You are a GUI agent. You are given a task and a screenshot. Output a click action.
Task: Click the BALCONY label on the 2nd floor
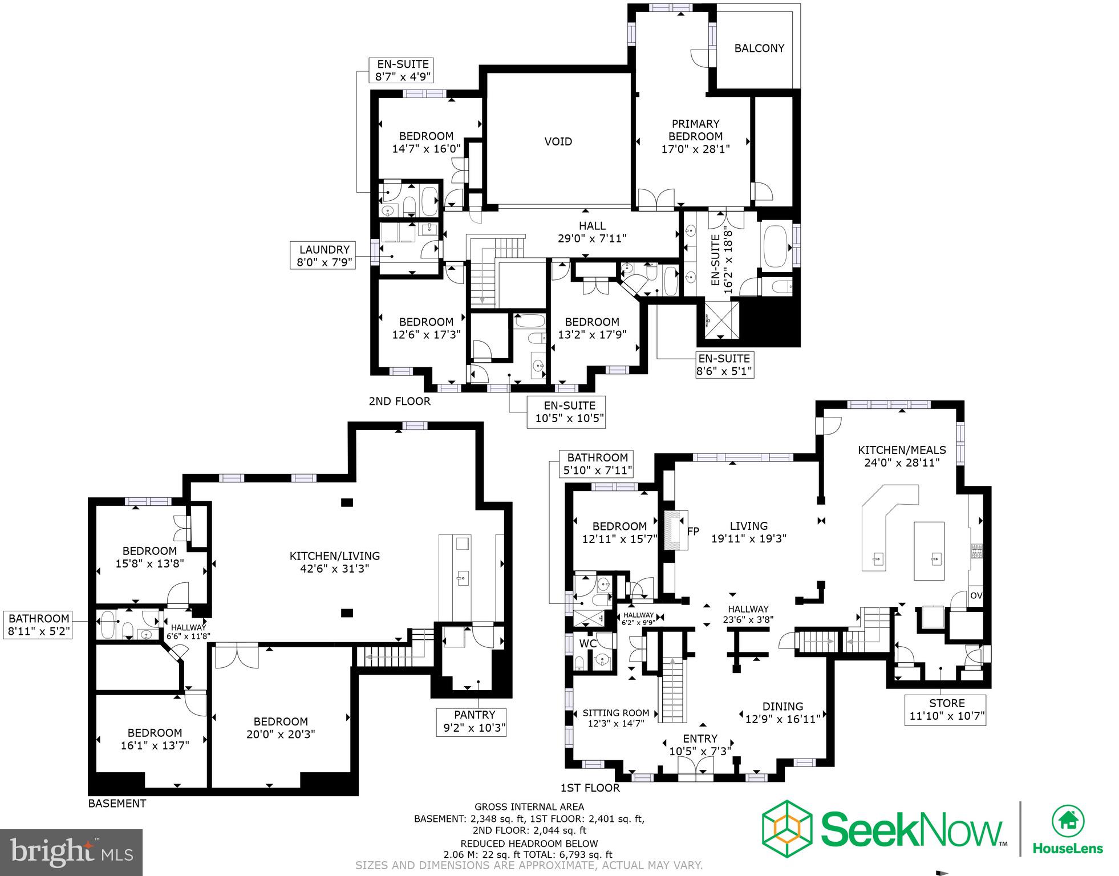click(x=759, y=48)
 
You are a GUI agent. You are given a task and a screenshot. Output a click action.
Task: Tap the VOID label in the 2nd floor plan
click(x=558, y=141)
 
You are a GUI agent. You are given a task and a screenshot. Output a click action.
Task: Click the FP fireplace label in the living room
click(x=693, y=532)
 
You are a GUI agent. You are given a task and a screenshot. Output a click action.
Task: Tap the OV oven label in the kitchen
click(x=976, y=596)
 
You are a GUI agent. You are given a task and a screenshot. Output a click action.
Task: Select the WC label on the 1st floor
click(x=587, y=644)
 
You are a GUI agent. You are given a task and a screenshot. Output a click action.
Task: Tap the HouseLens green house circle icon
click(x=1068, y=821)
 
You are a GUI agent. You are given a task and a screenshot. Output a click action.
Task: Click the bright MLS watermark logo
click(x=71, y=851)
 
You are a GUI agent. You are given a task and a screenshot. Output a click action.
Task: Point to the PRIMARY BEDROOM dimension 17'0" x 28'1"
click(x=695, y=149)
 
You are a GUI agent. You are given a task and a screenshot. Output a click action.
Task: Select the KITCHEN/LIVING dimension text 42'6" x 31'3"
click(x=335, y=569)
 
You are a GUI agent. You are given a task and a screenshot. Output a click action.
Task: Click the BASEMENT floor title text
click(x=117, y=804)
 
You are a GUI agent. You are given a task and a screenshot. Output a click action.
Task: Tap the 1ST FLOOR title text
click(x=590, y=788)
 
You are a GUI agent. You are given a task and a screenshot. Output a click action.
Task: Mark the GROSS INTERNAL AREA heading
click(x=529, y=806)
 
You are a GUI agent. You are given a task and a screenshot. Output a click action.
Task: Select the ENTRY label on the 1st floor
click(x=700, y=739)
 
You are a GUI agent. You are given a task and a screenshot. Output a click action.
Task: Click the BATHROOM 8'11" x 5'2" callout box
click(x=39, y=625)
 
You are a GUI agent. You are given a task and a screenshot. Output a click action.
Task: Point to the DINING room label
click(x=783, y=706)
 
